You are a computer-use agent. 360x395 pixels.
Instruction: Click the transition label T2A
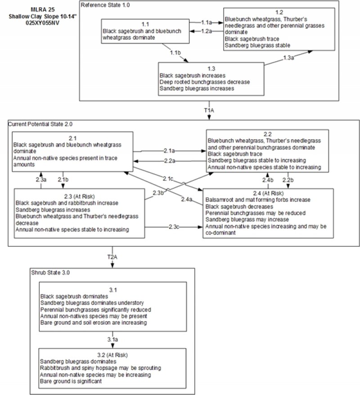click(x=113, y=256)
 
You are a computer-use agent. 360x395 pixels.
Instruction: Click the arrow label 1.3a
click(x=288, y=58)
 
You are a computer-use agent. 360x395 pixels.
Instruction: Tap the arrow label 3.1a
click(x=112, y=339)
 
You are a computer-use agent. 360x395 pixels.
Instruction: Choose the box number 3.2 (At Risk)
click(x=112, y=354)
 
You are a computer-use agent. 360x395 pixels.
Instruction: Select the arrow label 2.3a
click(x=41, y=180)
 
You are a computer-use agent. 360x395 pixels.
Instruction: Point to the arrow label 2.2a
click(x=169, y=161)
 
